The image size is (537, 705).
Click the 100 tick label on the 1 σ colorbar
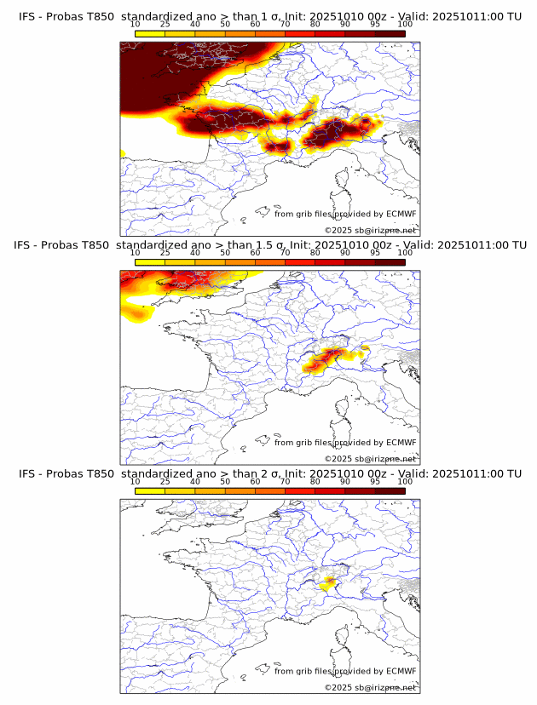[404, 24]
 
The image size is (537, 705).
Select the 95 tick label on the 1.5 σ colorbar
[375, 253]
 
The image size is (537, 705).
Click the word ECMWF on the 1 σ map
[401, 214]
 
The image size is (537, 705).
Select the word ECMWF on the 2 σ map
[401, 672]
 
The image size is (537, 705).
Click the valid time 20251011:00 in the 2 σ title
[464, 474]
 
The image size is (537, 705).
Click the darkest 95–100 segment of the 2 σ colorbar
[390, 491]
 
